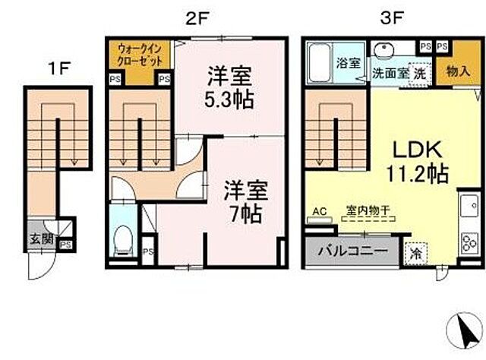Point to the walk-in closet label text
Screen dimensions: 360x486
(139, 55)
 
